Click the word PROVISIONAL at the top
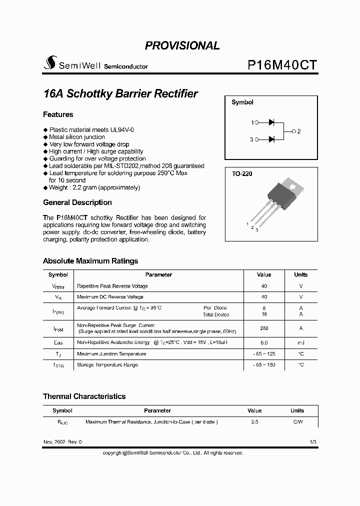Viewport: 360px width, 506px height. tap(182, 45)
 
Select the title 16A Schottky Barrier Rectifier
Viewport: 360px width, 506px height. tap(120, 93)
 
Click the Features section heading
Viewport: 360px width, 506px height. tap(58, 114)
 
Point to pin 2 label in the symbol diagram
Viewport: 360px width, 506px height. tap(298, 131)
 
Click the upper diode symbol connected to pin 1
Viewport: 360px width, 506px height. tap(271, 122)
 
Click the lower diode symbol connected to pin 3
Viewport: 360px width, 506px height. tap(271, 139)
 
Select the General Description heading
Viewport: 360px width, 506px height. tap(77, 202)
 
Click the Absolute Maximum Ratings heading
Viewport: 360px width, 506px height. tap(90, 261)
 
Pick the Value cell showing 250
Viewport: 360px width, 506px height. tap(264, 328)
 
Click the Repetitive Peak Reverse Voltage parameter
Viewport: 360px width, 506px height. tap(112, 286)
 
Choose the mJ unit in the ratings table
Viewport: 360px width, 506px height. tap(300, 343)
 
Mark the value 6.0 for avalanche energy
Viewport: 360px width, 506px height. tap(264, 343)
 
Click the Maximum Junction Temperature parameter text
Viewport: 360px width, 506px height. tap(111, 354)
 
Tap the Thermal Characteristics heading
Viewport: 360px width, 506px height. tap(84, 396)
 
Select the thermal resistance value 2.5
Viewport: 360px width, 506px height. tap(254, 422)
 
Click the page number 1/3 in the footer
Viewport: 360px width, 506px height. tap(313, 442)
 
